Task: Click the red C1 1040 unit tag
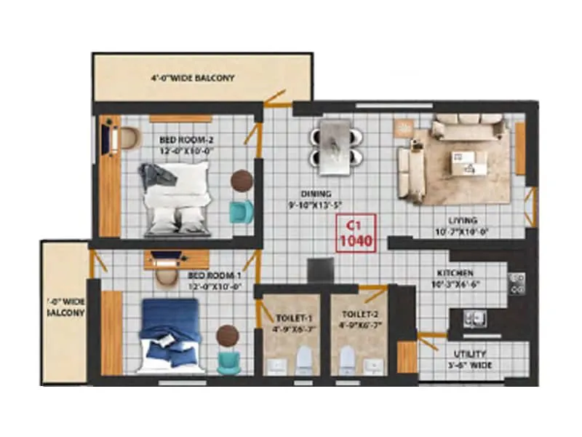[x=354, y=233]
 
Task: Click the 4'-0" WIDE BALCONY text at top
[x=193, y=77]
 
